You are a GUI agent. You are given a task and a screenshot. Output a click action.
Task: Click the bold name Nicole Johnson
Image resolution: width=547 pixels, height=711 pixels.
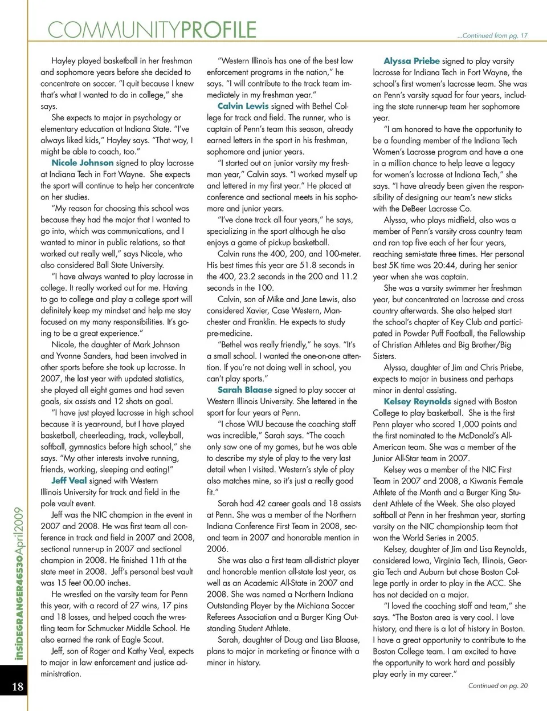[83, 162]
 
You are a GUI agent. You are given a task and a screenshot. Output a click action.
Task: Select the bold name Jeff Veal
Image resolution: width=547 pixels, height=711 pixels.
[69, 480]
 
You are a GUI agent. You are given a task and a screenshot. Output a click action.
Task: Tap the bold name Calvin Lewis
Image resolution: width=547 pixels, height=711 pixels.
[243, 105]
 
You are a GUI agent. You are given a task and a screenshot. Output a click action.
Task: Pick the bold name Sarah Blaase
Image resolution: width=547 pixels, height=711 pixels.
[244, 389]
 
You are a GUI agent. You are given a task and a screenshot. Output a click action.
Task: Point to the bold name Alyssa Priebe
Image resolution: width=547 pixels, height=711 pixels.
[411, 60]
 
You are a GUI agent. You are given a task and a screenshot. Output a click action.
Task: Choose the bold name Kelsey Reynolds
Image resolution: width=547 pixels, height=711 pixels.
[417, 401]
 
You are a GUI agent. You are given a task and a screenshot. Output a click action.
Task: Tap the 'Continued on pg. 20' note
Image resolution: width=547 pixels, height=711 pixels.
[497, 685]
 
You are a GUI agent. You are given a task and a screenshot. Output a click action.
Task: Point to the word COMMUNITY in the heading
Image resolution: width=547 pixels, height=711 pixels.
[114, 30]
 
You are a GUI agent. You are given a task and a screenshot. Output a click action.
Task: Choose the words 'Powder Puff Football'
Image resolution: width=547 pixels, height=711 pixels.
[434, 333]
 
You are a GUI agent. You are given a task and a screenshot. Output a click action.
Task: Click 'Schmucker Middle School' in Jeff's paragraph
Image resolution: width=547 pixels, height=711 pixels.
[130, 628]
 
